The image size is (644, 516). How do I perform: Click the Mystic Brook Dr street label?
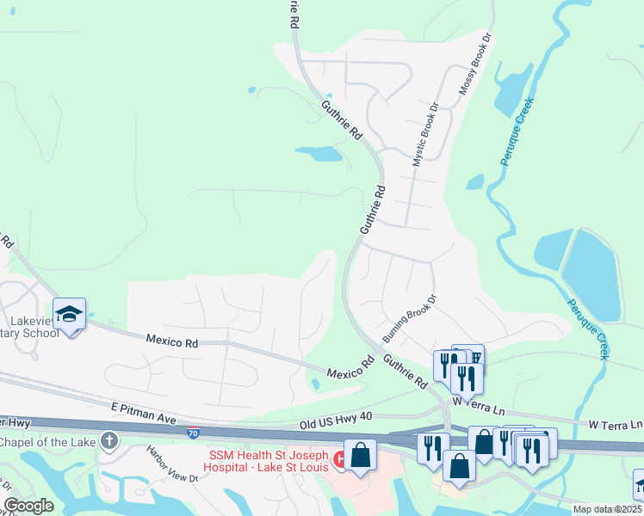coord(424,135)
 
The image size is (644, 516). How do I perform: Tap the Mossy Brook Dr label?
coord(474,64)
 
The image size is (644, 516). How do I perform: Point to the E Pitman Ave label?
coord(143,412)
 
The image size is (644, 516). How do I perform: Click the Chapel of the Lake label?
coord(47,442)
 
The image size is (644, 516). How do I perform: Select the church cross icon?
coord(108,441)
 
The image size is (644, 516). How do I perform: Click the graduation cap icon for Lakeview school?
coord(69,313)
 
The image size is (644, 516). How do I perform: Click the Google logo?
coord(28,505)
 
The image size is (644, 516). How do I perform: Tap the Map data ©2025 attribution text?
coord(607,509)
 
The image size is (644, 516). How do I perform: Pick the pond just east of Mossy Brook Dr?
coord(514,89)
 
